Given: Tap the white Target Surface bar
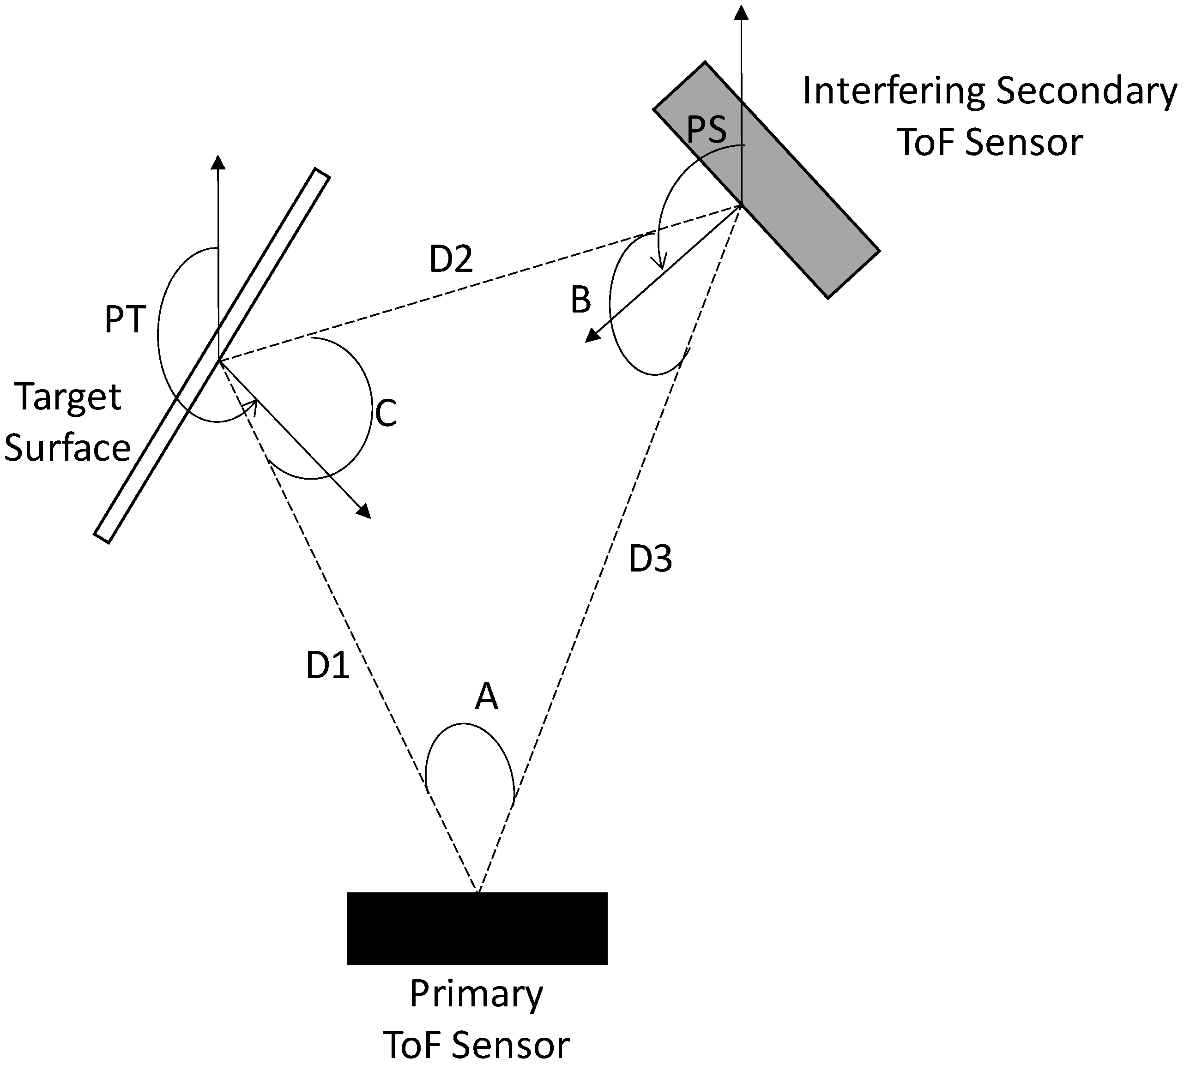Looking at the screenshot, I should click(x=211, y=356).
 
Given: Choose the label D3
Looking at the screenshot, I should click(x=650, y=559).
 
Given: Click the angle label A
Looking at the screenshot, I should click(x=486, y=697).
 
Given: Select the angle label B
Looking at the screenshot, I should click(x=581, y=300).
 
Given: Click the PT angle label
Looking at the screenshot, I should click(x=125, y=320).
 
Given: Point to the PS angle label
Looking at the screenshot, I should click(x=707, y=129).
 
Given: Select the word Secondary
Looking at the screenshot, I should click(x=1087, y=93).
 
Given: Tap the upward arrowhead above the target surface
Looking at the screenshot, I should click(x=218, y=162).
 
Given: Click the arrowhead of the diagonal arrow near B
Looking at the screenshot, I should click(x=592, y=335).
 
